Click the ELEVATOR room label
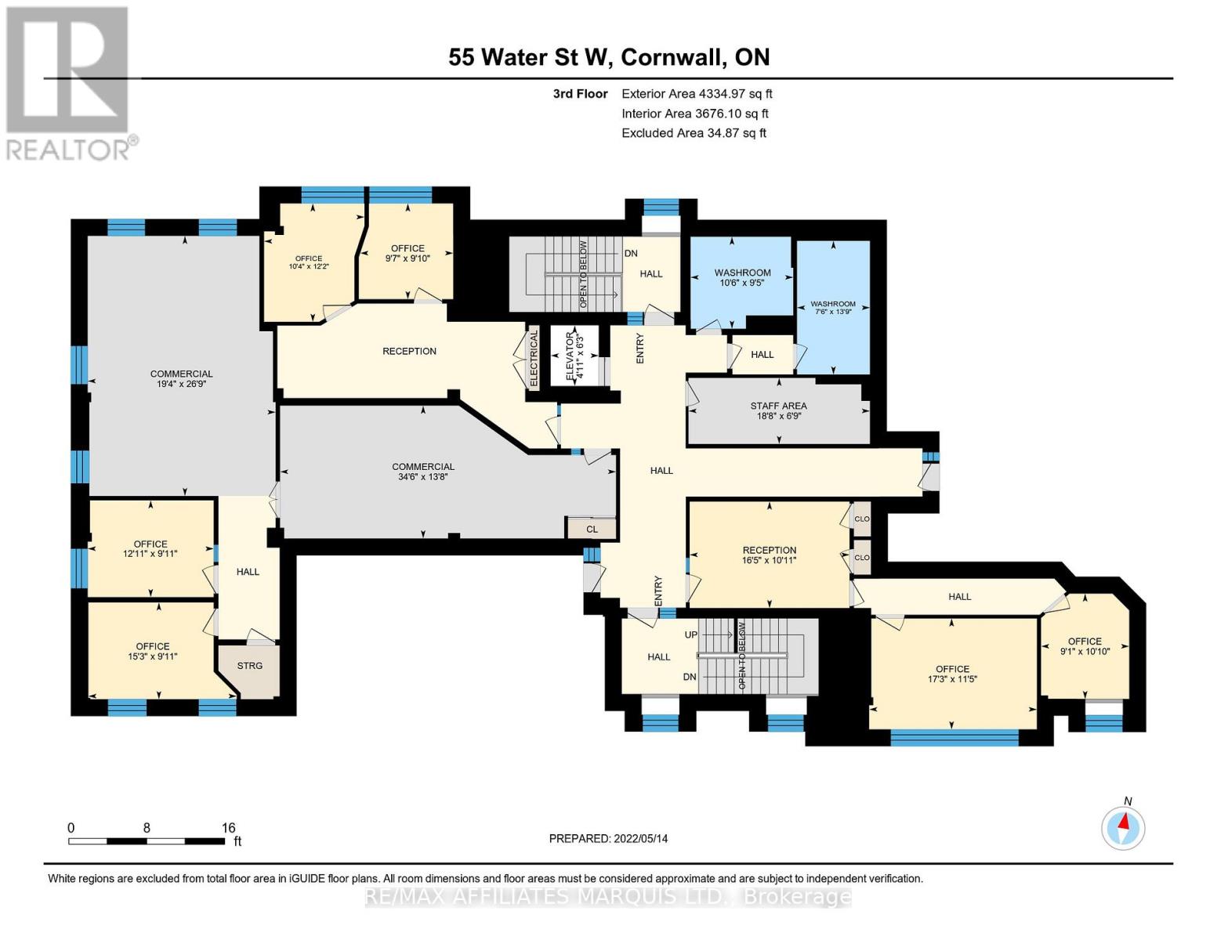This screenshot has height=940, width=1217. [x=574, y=356]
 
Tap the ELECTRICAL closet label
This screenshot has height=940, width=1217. [x=534, y=360]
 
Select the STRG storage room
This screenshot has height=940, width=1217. [x=250, y=666]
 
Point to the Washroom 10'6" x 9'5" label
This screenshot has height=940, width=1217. [x=742, y=277]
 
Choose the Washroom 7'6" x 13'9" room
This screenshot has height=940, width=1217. [x=833, y=308]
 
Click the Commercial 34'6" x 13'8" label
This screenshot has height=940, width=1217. [x=423, y=472]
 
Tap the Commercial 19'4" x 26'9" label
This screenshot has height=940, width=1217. [x=182, y=379]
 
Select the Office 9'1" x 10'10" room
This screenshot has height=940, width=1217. [x=1085, y=646]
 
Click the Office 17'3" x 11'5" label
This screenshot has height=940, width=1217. [x=952, y=674]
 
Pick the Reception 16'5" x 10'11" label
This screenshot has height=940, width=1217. [x=770, y=555]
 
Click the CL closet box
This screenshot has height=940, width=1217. [x=592, y=529]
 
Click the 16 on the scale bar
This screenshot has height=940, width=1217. [x=228, y=828]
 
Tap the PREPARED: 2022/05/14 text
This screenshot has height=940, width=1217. [x=608, y=838]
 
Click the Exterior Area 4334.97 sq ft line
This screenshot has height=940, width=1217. [x=697, y=93]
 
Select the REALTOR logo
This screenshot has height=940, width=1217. [x=69, y=82]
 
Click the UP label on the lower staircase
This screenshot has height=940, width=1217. [x=690, y=634]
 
